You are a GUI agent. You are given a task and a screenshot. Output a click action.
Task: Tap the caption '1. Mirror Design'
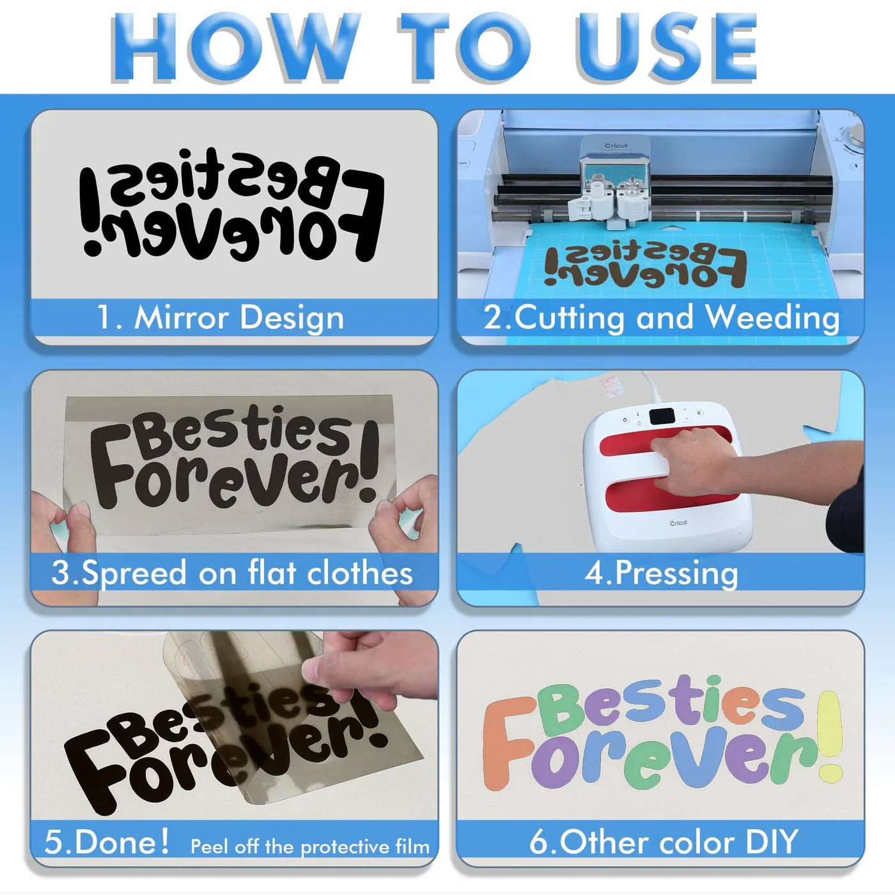coord(221,318)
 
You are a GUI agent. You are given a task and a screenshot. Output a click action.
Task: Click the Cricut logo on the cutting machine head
coord(616,145)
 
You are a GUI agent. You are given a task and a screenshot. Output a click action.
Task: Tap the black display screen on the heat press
coord(662,417)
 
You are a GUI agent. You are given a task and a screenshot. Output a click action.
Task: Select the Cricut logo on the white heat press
coord(678,522)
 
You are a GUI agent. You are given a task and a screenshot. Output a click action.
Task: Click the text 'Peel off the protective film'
coord(310,847)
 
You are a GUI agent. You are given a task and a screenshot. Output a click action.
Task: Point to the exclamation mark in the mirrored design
coord(91,212)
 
